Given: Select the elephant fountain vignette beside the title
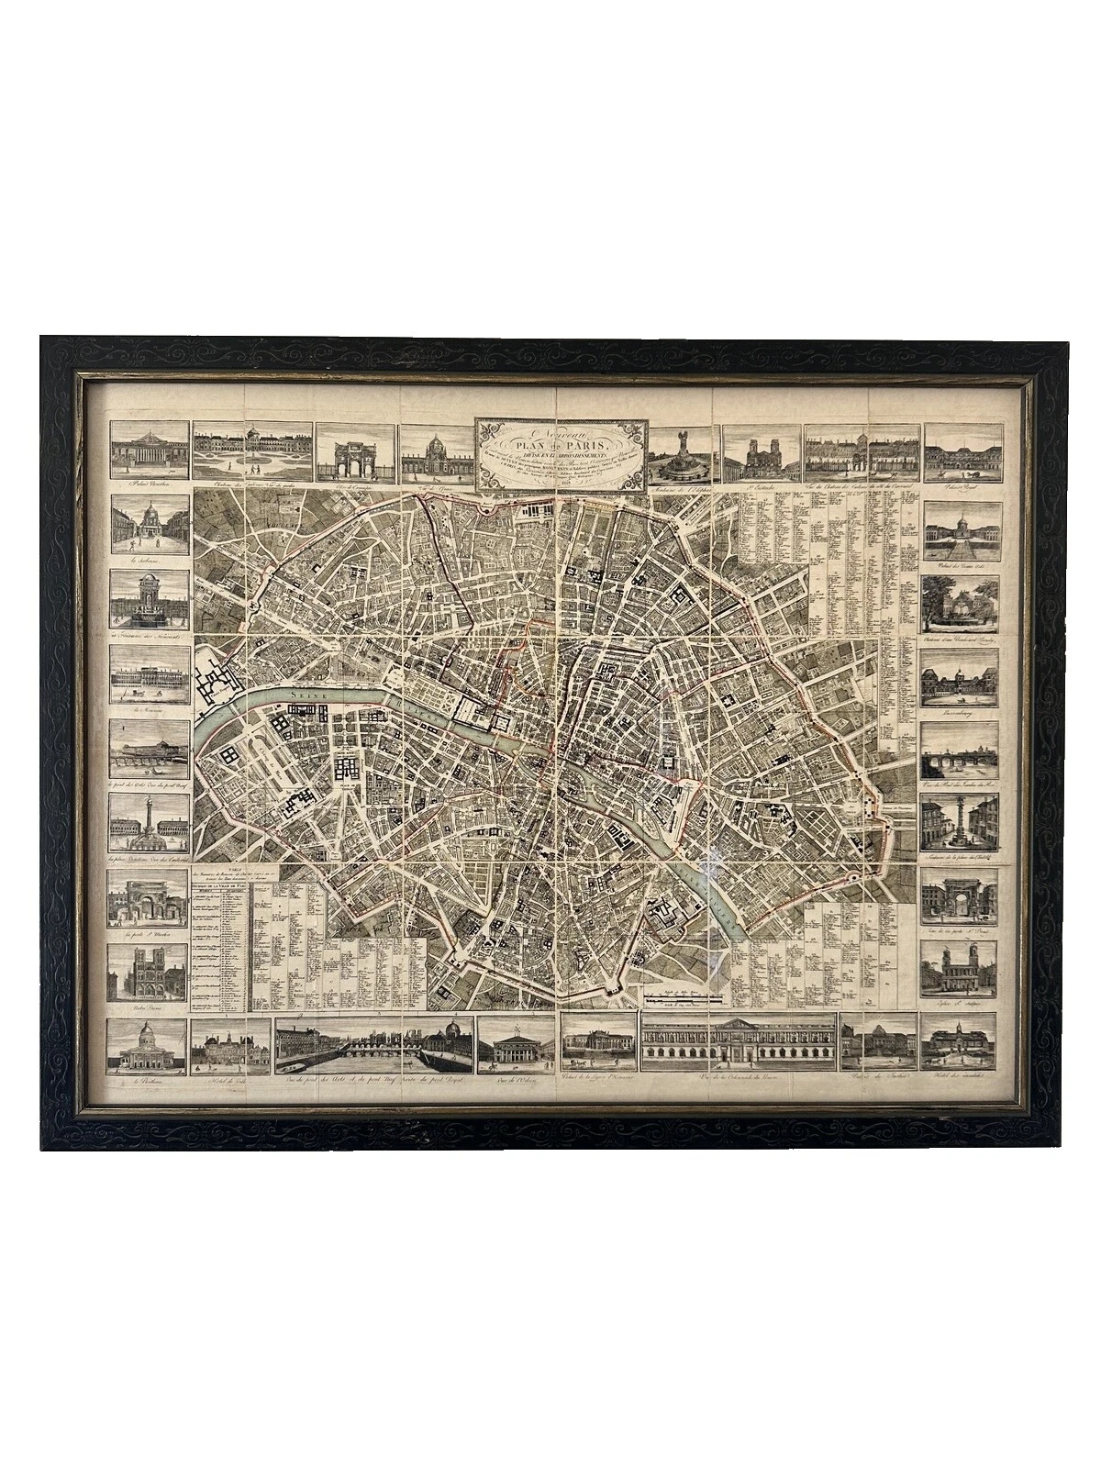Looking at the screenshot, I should click(684, 454).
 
